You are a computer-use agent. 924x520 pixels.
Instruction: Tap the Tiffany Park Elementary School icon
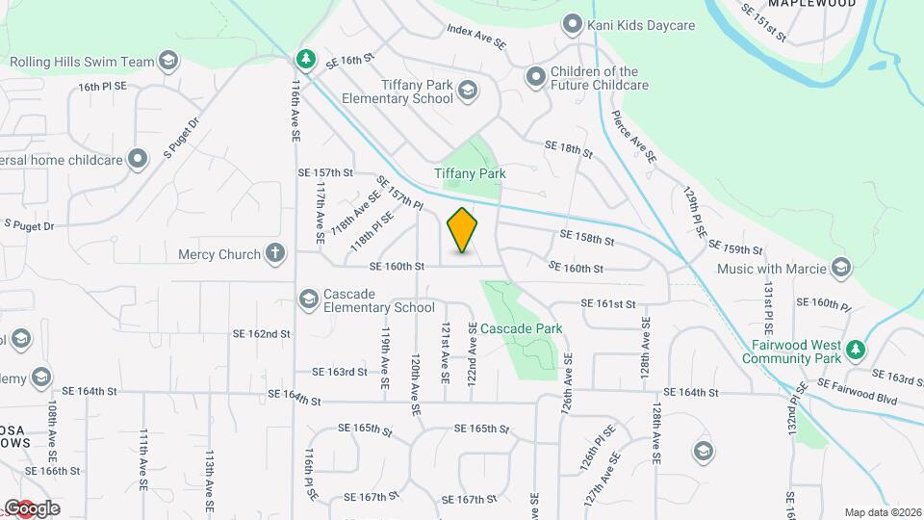[468, 91]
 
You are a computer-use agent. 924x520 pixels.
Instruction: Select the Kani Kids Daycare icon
[573, 23]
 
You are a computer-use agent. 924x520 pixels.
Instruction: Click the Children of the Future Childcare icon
[535, 75]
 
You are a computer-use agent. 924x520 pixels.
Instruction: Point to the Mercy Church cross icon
[275, 254]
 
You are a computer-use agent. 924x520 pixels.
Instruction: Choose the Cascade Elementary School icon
[309, 299]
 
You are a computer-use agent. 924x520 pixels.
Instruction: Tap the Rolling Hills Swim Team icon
[169, 62]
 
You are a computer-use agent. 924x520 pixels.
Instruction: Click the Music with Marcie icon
[841, 267]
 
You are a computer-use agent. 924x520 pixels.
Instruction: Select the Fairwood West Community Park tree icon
[854, 348]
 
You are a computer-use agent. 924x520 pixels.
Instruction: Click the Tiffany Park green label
[470, 173]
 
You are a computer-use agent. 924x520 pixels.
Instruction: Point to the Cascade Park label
[521, 328]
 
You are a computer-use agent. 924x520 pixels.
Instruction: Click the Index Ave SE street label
[476, 37]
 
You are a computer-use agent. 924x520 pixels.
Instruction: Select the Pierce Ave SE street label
[633, 136]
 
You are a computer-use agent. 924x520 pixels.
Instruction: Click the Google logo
[32, 507]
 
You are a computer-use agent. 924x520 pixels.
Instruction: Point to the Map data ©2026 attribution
[882, 512]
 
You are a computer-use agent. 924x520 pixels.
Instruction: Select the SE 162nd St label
[261, 334]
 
